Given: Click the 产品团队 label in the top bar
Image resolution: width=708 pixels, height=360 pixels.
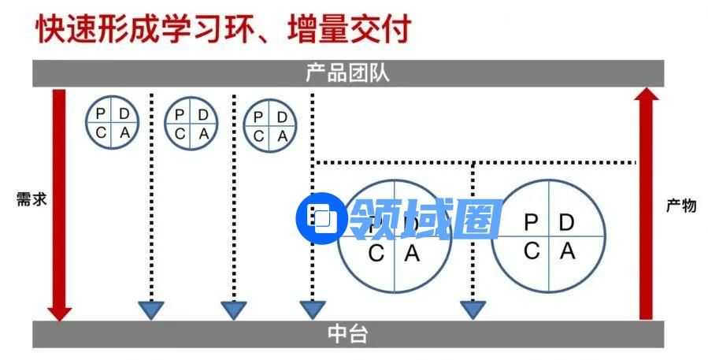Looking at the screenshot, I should (x=347, y=73).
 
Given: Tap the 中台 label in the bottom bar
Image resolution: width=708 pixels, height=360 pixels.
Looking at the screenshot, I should (x=347, y=334).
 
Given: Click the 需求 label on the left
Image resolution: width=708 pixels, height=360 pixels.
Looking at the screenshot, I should (x=32, y=199).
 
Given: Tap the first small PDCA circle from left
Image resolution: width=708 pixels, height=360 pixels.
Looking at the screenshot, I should (x=113, y=122).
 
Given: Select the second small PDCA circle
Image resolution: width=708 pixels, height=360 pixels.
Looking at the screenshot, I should (x=191, y=123).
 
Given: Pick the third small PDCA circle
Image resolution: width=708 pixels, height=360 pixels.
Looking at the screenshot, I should (x=270, y=126).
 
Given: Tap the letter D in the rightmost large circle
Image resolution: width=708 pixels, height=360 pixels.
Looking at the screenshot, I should (x=567, y=222).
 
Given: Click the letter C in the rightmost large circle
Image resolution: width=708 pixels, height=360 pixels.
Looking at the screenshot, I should (x=532, y=251).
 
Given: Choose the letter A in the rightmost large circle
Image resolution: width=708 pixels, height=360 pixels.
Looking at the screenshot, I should (x=567, y=251).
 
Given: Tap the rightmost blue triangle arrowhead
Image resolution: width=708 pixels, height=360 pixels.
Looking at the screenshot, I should (x=473, y=310).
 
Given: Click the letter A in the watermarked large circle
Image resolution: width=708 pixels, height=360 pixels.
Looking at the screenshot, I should (x=412, y=254).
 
